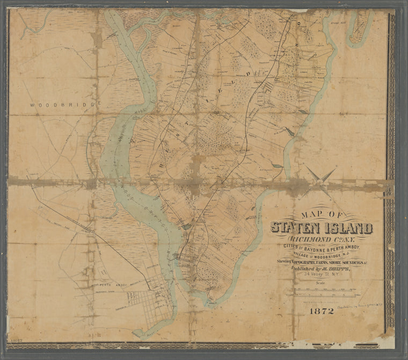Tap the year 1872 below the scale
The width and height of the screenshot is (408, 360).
point(321,311)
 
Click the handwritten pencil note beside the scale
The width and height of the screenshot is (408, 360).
point(361,304)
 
